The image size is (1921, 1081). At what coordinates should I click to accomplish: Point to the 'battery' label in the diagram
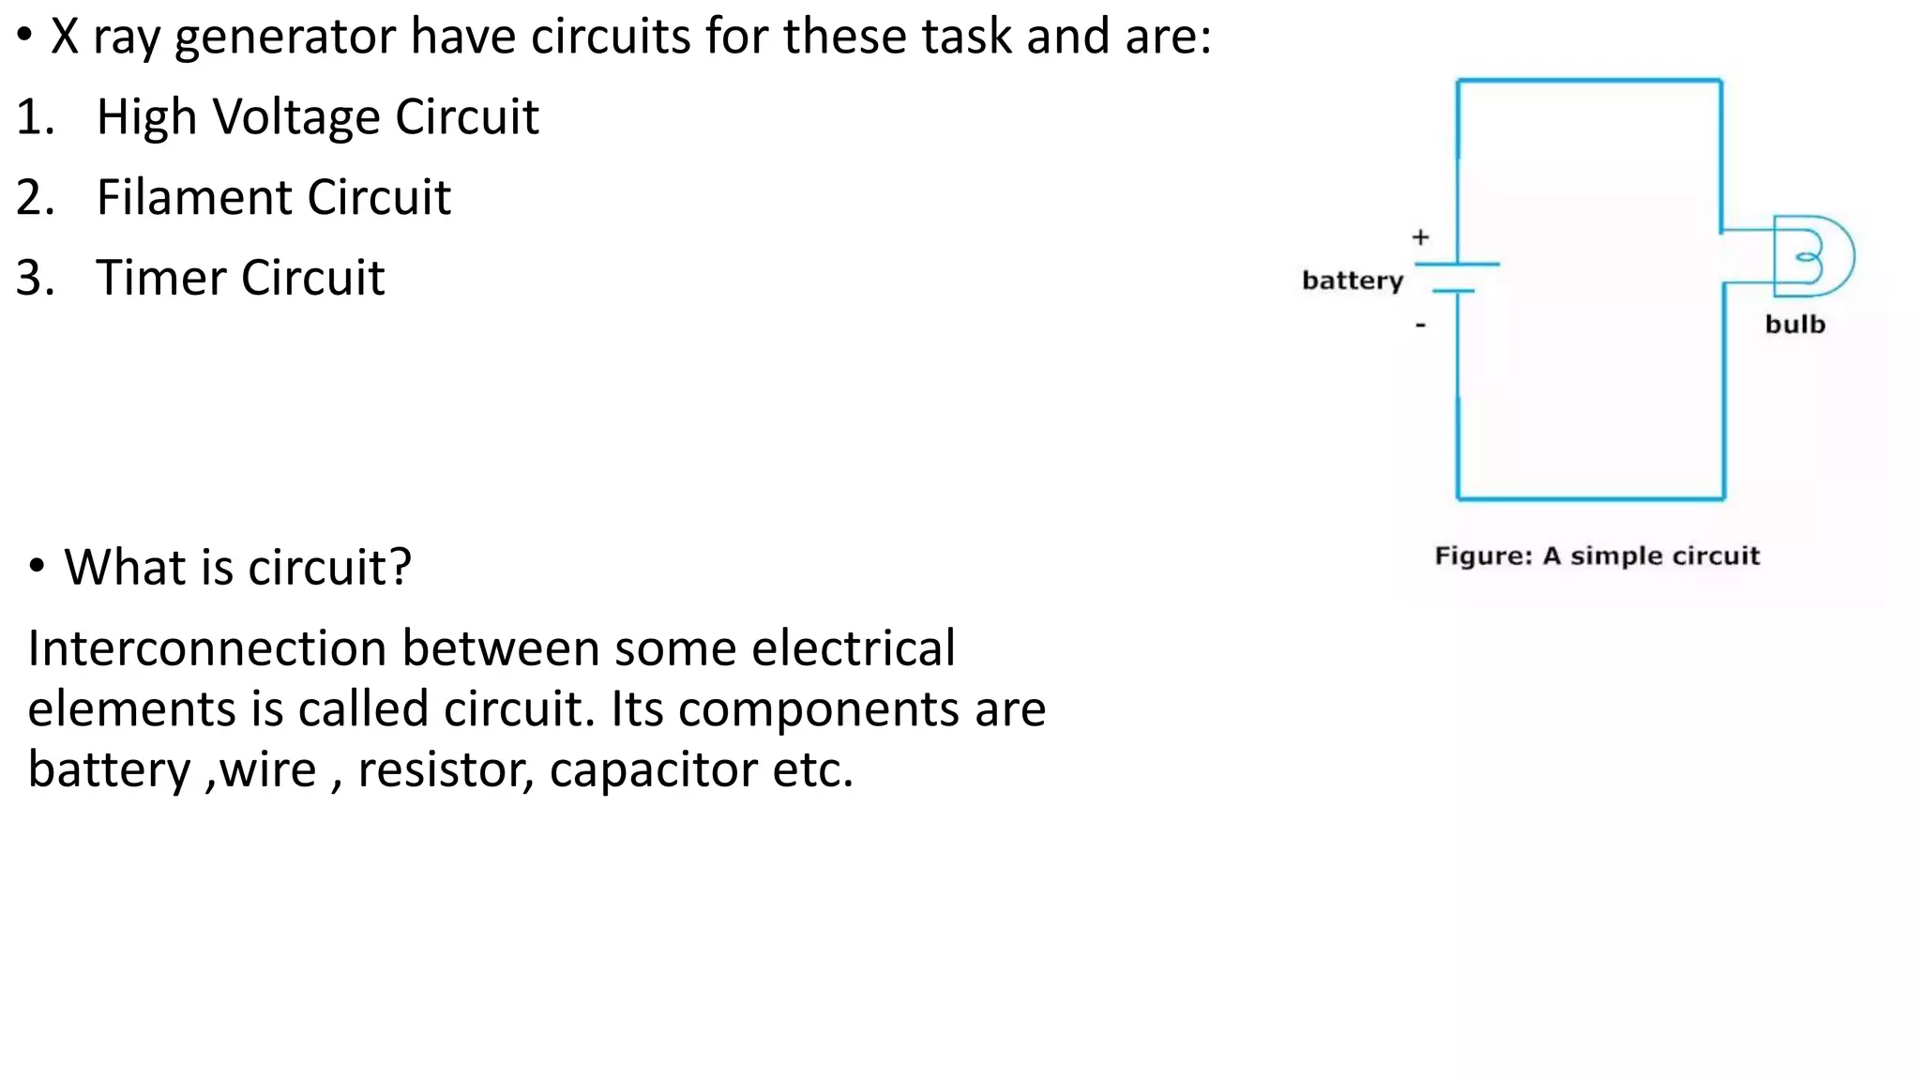click(1352, 281)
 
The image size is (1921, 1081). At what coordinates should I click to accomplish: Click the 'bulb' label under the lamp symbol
click(1794, 325)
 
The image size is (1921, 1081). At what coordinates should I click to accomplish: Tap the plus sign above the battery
click(1420, 237)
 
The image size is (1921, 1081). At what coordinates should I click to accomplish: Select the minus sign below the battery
click(1420, 326)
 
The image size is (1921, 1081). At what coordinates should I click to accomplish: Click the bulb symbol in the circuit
click(1812, 256)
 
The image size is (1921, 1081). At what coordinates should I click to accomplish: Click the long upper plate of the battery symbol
click(1457, 265)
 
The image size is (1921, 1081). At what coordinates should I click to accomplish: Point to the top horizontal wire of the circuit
click(1589, 81)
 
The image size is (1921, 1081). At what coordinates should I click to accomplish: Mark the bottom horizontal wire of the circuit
click(1591, 498)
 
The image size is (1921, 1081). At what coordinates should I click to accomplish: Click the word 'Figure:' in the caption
click(1482, 556)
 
